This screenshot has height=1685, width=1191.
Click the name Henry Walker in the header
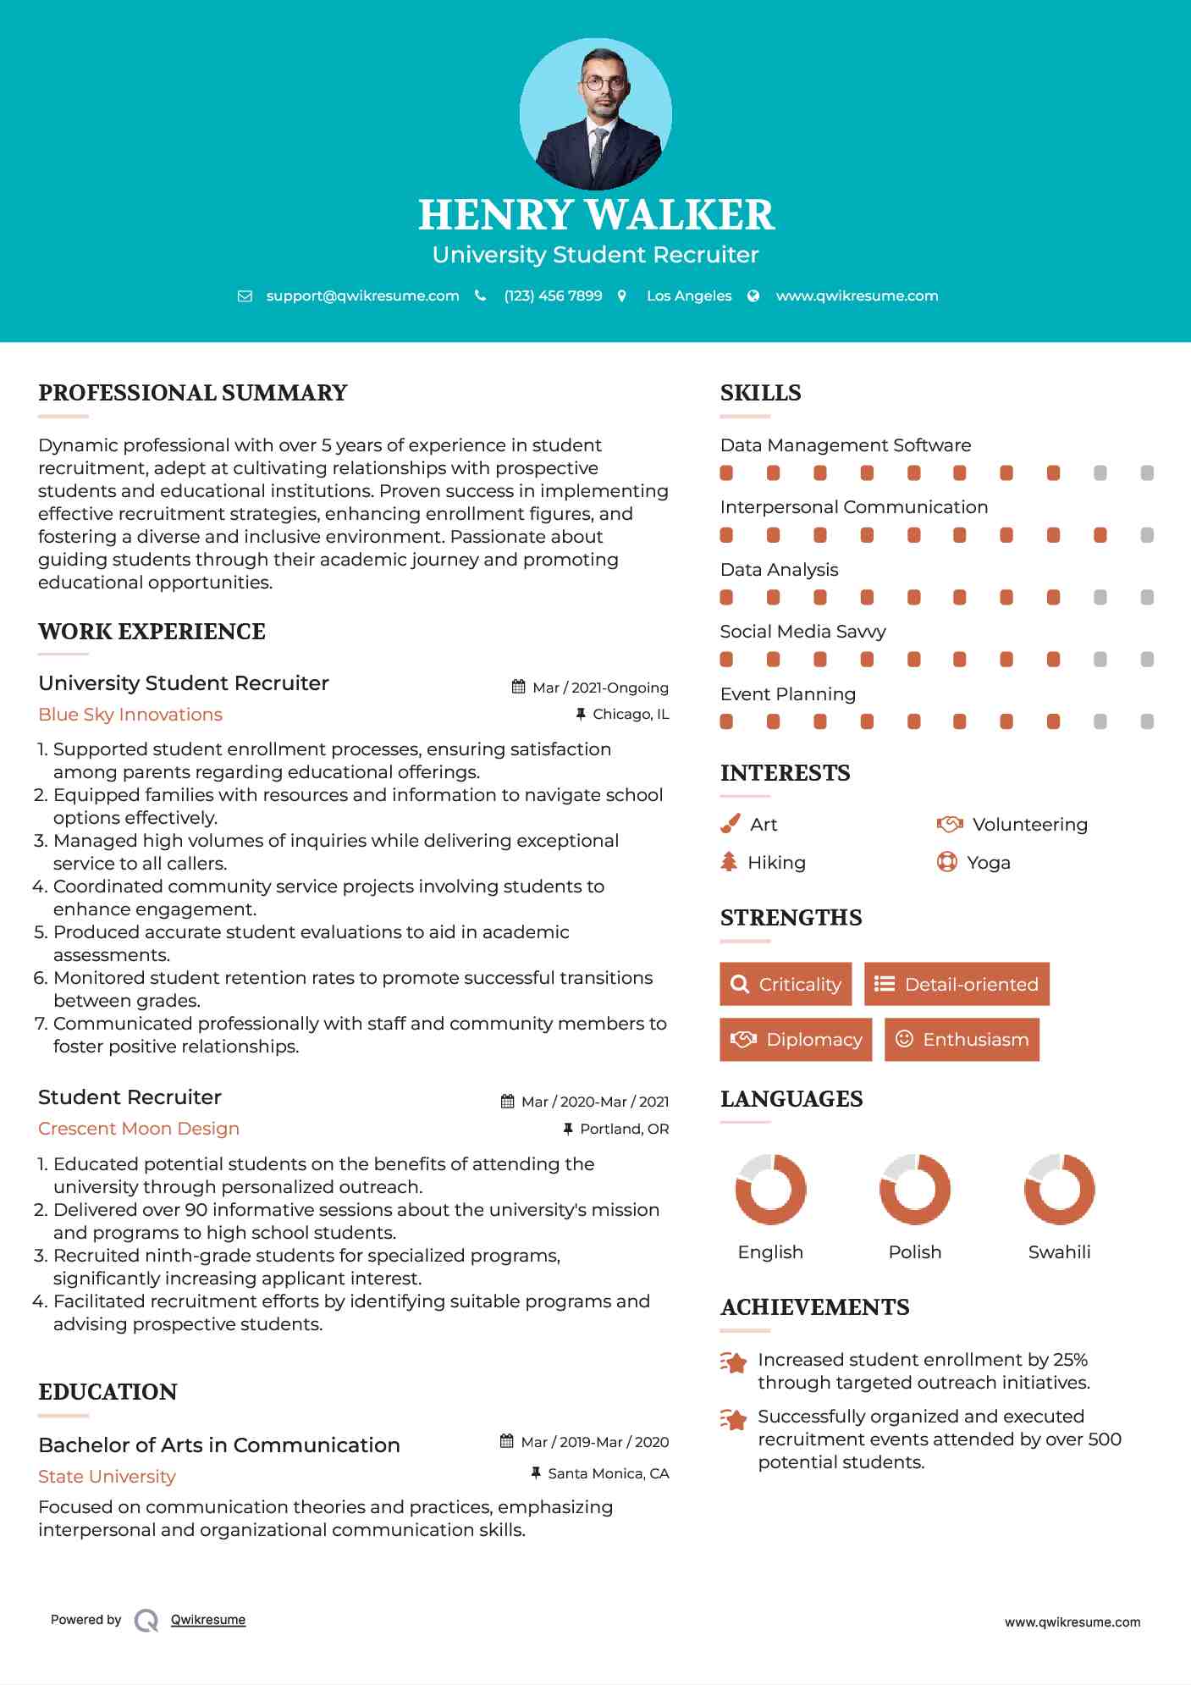pyautogui.click(x=596, y=215)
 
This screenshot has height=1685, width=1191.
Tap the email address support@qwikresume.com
pyautogui.click(x=362, y=296)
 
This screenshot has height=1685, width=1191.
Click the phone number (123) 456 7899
pyautogui.click(x=553, y=296)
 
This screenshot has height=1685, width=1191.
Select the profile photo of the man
pyautogui.click(x=595, y=114)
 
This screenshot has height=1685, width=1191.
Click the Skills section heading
pyautogui.click(x=760, y=393)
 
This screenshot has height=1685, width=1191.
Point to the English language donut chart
pyautogui.click(x=770, y=1189)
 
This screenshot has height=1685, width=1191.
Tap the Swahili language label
pyautogui.click(x=1059, y=1252)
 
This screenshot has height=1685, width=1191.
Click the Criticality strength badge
pyautogui.click(x=786, y=984)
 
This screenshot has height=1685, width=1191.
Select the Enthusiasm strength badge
pyautogui.click(x=962, y=1039)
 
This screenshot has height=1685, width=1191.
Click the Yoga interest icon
pyautogui.click(x=946, y=862)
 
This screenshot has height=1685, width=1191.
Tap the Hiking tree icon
pyautogui.click(x=729, y=862)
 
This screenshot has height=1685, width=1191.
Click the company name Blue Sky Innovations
pyautogui.click(x=130, y=715)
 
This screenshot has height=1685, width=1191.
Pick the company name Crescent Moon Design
pyautogui.click(x=139, y=1129)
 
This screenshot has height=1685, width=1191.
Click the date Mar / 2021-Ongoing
pyautogui.click(x=600, y=688)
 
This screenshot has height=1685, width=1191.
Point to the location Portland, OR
pyautogui.click(x=624, y=1130)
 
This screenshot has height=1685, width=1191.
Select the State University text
pyautogui.click(x=107, y=1477)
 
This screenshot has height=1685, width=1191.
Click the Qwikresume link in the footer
pyautogui.click(x=208, y=1620)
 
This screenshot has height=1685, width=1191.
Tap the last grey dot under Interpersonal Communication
pyautogui.click(x=1147, y=535)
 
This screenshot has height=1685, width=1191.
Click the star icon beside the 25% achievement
pyautogui.click(x=734, y=1362)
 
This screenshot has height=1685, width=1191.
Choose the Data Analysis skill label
pyautogui.click(x=779, y=570)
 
